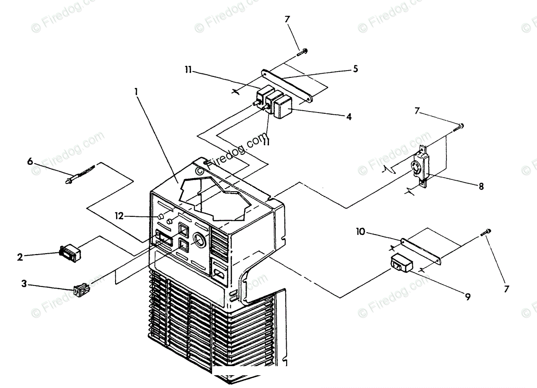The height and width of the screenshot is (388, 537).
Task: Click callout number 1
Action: click(136, 91)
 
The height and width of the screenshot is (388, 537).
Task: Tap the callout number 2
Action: click(20, 257)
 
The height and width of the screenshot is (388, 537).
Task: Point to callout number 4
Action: click(348, 116)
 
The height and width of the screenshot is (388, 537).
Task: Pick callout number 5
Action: click(355, 69)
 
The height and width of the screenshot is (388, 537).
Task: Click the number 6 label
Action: click(30, 161)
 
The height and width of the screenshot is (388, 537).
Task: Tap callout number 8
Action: click(481, 186)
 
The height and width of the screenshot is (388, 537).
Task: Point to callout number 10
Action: click(360, 232)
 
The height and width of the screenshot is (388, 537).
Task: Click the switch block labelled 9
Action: click(400, 264)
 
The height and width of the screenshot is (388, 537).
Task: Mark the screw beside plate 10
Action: click(486, 233)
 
